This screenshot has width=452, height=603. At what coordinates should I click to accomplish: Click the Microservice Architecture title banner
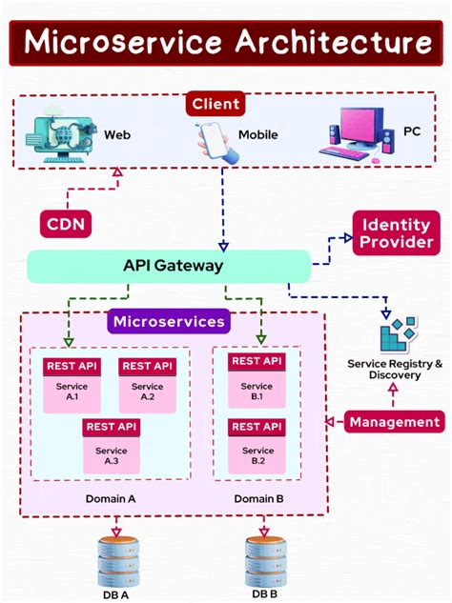point(226,41)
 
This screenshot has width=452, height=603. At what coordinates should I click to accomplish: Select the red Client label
point(216,103)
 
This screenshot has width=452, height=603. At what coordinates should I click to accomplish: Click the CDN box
point(67,225)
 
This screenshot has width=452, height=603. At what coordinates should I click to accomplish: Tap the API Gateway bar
point(169,266)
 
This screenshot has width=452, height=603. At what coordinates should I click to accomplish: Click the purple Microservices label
point(170,321)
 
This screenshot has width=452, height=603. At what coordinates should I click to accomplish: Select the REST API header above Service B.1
point(256,362)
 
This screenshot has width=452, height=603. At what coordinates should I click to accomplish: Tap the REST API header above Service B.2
point(256,426)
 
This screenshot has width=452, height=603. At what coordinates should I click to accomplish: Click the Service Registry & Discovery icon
point(397,334)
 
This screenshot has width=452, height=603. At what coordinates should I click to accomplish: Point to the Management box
point(394,421)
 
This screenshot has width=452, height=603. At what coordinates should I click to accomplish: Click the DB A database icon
point(117,560)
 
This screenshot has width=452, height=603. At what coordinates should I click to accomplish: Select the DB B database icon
point(266,560)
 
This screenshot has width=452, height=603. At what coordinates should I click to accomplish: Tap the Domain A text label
point(112,498)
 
